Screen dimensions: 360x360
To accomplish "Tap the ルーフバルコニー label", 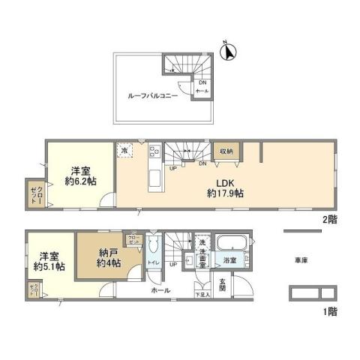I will (153, 97).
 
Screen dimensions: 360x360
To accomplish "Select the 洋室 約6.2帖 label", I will (80, 175).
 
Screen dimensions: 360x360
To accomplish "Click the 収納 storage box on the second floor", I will (226, 151).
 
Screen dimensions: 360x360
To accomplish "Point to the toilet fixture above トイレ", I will (154, 247).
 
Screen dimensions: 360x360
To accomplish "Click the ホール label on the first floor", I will (160, 289).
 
